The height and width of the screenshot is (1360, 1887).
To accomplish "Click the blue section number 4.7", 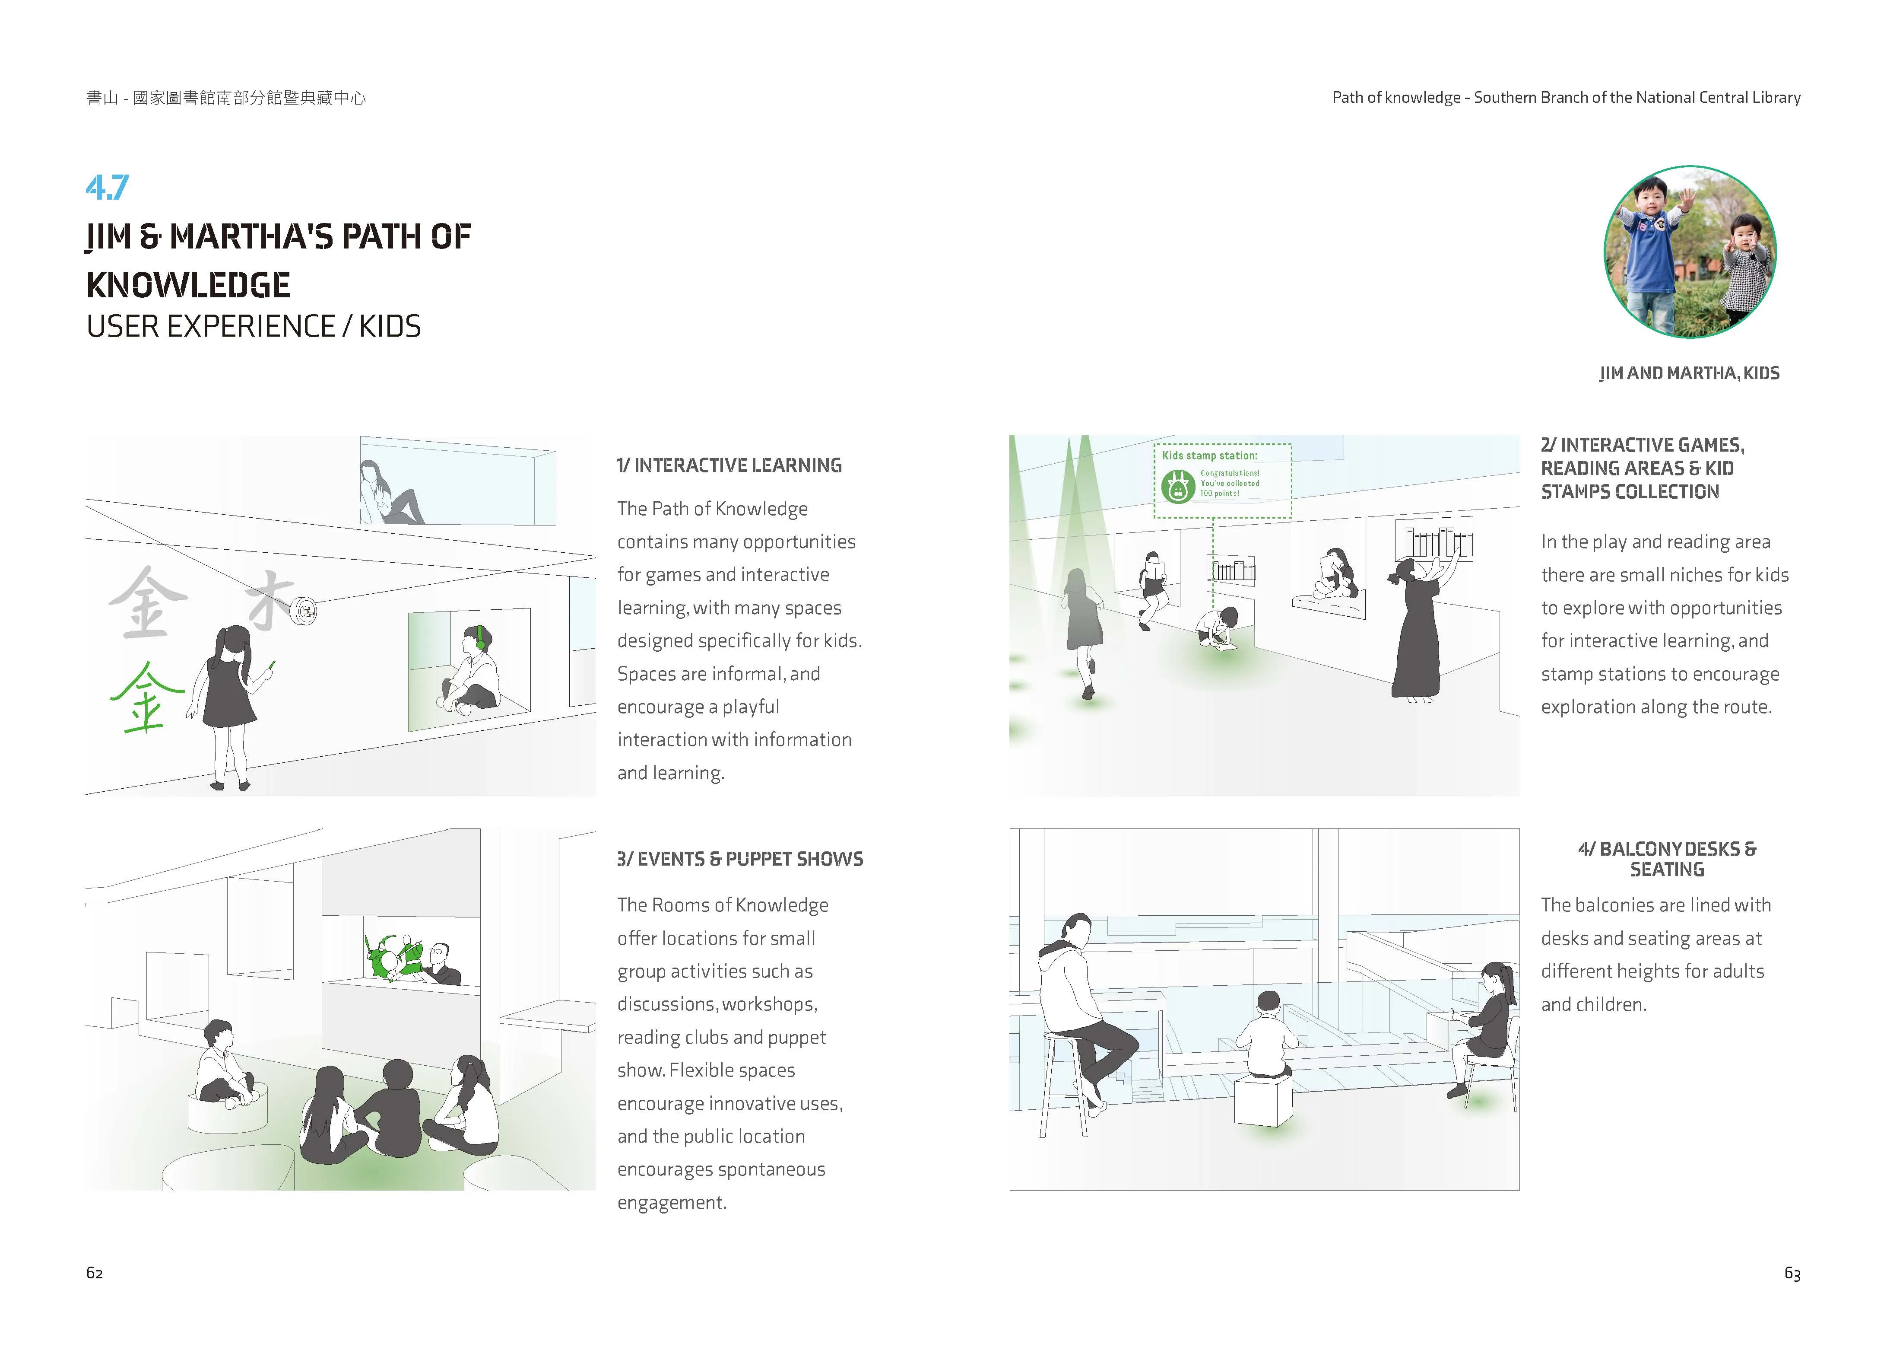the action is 108,187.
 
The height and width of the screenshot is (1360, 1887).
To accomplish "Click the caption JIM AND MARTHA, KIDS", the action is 1689,373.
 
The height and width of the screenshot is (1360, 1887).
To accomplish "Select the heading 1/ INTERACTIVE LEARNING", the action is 729,465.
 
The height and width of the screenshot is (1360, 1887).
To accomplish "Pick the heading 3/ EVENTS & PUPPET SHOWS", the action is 740,859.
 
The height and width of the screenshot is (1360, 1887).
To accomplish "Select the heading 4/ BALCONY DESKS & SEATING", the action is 1667,859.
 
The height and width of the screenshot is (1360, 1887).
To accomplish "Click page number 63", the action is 1792,1274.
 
